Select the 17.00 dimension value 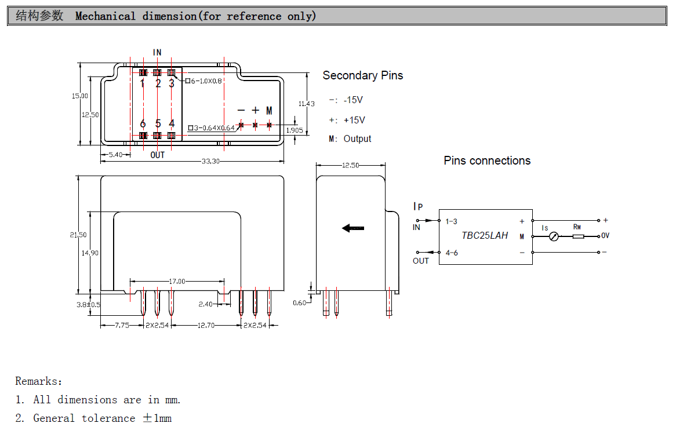(177, 282)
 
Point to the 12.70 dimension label (206, 326)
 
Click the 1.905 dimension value (295, 130)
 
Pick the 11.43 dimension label (307, 104)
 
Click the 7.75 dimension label (122, 326)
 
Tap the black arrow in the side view (353, 228)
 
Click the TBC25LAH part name (485, 235)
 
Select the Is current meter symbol (554, 236)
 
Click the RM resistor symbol (577, 236)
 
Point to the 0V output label (605, 236)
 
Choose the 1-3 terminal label (451, 221)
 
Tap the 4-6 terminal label (451, 253)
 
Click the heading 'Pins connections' (487, 161)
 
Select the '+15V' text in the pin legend (354, 120)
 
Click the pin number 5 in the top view (158, 124)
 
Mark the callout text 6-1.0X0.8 (206, 81)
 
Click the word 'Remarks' (37, 381)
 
